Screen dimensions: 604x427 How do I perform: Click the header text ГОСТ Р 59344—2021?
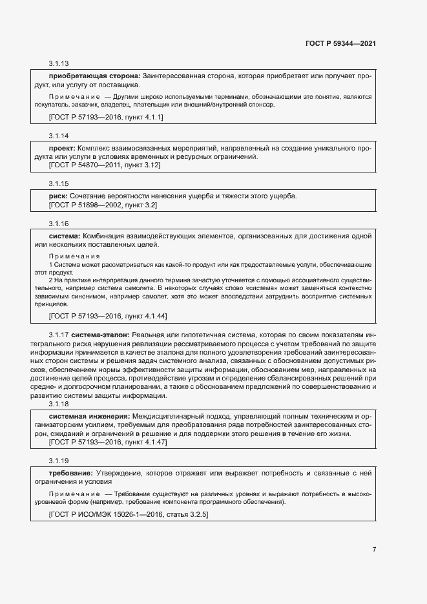(340, 43)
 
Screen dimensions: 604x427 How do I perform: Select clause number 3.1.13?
(59, 64)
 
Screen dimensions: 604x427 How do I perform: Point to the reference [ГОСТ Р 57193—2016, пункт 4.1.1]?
(106, 117)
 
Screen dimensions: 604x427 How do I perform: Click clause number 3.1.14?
(59, 136)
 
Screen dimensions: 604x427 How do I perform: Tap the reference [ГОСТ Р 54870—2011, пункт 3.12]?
(105, 165)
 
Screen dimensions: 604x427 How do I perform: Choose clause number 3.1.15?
(59, 184)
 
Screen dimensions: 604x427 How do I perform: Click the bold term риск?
(59, 196)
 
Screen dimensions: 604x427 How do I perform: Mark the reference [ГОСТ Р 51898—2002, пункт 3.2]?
(103, 205)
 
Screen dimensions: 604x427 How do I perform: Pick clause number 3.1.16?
(59, 224)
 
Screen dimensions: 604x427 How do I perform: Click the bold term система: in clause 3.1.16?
(65, 236)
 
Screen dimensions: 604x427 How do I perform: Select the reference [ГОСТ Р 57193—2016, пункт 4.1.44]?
(108, 315)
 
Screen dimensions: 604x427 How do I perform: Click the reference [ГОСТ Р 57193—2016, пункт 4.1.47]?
(108, 443)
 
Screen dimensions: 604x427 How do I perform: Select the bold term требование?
(71, 474)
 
